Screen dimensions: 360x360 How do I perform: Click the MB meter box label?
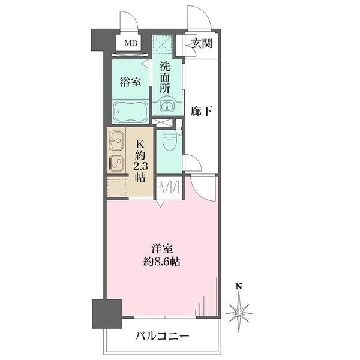click(x=131, y=43)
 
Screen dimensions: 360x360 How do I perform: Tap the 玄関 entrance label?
click(x=202, y=43)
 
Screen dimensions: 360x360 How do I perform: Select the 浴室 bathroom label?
click(x=130, y=82)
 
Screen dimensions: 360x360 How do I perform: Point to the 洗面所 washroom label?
click(x=165, y=77)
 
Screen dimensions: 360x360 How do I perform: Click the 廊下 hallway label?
click(x=202, y=111)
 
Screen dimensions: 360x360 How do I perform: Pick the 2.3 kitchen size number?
click(x=140, y=166)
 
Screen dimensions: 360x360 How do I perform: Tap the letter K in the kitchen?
click(x=140, y=145)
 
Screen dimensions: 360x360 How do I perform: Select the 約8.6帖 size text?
click(x=162, y=262)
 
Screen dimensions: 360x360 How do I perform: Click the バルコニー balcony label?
click(x=162, y=337)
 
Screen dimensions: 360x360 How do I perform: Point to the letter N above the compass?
click(x=239, y=286)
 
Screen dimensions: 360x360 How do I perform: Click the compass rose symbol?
click(x=239, y=313)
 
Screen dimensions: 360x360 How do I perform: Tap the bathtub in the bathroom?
click(x=131, y=112)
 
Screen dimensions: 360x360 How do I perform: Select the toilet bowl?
click(x=169, y=141)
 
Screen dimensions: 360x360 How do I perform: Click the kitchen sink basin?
click(x=116, y=140)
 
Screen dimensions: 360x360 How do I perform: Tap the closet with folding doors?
click(x=169, y=187)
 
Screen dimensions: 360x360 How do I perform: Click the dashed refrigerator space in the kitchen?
click(x=117, y=187)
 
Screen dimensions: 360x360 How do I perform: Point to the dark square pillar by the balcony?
click(x=107, y=314)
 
